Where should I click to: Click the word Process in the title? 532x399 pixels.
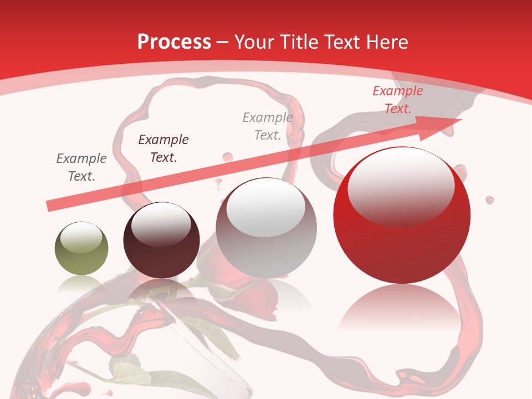(174, 42)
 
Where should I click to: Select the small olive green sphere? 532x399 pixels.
(81, 248)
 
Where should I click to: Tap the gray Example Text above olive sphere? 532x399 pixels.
(81, 167)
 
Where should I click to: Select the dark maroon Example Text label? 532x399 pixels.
(163, 149)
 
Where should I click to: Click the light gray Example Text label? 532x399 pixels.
(268, 126)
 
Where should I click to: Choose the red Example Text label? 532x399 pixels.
(398, 100)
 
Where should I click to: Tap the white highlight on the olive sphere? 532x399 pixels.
(81, 237)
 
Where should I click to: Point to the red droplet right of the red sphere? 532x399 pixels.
(490, 199)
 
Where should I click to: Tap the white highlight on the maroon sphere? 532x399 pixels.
(161, 223)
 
